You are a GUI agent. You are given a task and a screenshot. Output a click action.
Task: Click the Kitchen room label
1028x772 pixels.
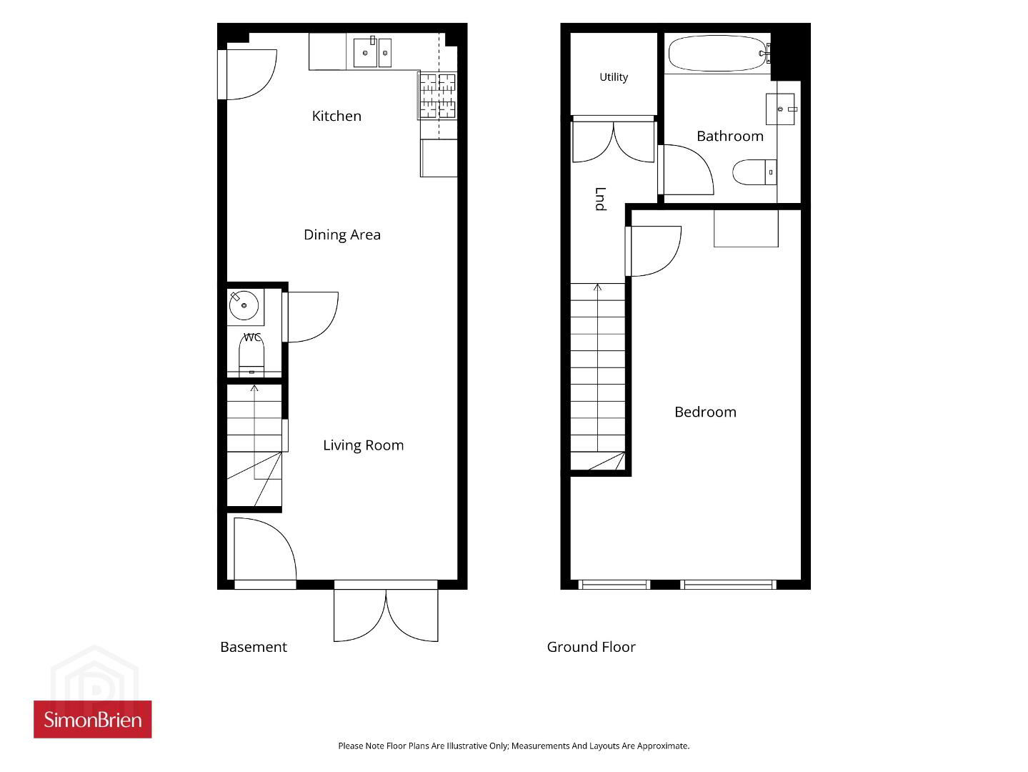click(x=336, y=116)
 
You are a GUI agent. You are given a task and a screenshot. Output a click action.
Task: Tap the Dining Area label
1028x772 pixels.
click(x=342, y=234)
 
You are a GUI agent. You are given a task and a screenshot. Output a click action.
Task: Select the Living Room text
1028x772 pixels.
click(x=363, y=445)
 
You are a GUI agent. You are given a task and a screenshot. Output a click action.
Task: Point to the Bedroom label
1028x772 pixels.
click(x=705, y=412)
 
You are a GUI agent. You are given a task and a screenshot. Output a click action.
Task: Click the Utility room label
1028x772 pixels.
click(x=614, y=76)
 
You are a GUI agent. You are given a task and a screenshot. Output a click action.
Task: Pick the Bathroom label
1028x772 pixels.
click(x=729, y=136)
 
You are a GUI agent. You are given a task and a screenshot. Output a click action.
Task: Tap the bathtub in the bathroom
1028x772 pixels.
click(x=717, y=54)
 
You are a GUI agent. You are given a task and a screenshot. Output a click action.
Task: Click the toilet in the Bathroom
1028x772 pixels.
click(x=754, y=172)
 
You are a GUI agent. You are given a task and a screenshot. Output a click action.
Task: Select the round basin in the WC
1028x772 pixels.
click(x=244, y=305)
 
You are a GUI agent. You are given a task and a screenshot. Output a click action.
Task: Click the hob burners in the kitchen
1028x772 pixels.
click(x=437, y=96)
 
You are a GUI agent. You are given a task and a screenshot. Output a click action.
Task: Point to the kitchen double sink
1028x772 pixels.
click(x=372, y=52)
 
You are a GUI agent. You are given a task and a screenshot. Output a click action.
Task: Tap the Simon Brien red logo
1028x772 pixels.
click(x=93, y=720)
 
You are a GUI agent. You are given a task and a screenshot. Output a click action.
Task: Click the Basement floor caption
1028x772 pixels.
click(x=254, y=647)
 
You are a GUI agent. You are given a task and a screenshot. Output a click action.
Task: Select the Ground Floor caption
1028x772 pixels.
click(x=591, y=647)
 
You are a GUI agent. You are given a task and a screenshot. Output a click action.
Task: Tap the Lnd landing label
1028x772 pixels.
click(x=600, y=199)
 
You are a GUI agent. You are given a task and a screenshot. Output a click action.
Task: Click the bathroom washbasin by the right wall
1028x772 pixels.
click(x=780, y=109)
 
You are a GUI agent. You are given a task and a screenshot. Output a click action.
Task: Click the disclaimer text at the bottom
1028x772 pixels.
click(x=514, y=746)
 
